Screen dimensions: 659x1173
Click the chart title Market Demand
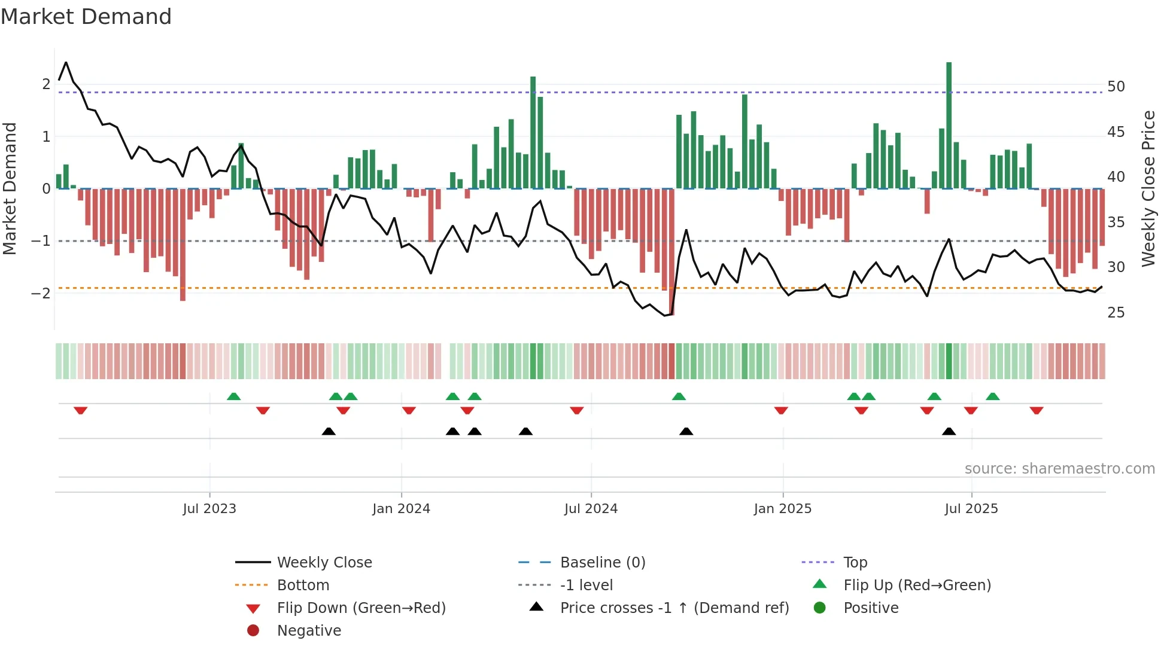click(86, 17)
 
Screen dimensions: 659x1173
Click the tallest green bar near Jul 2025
click(949, 126)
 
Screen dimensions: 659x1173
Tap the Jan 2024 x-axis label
click(401, 509)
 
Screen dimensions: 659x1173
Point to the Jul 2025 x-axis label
click(971, 509)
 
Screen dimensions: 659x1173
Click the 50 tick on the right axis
click(1116, 87)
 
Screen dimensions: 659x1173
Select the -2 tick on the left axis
click(41, 293)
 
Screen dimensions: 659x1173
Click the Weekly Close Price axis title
click(1148, 188)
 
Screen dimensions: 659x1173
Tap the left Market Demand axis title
click(10, 188)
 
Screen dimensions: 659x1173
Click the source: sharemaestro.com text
click(1059, 469)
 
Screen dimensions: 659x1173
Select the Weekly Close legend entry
click(324, 563)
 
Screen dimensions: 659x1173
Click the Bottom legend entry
click(303, 585)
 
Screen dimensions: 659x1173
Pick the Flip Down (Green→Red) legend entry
click(361, 608)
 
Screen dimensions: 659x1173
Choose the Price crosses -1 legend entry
click(674, 608)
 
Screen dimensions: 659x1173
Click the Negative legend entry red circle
click(253, 631)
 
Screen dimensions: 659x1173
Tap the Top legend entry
click(855, 563)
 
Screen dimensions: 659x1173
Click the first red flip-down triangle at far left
click(80, 410)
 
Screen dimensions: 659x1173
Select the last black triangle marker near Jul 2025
click(949, 431)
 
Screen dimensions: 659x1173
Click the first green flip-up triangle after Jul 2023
click(234, 396)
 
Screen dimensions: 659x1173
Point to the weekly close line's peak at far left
click(66, 63)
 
